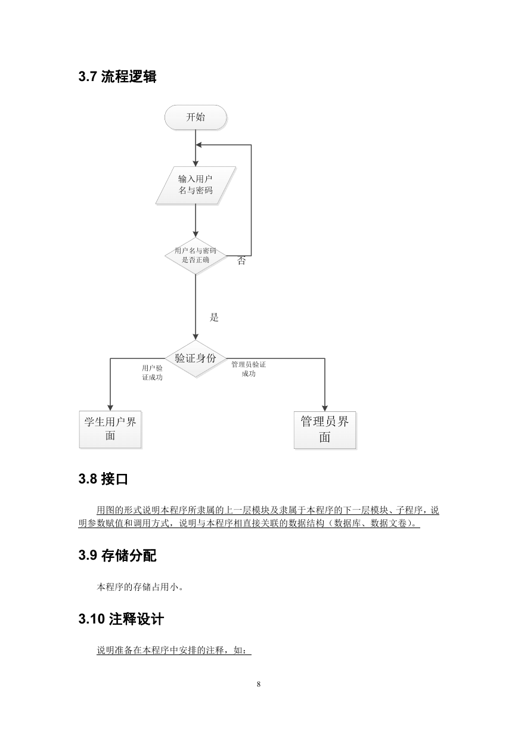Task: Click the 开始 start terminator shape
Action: tap(196, 117)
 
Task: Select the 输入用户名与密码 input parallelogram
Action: tap(196, 185)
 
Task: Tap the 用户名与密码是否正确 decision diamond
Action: tap(196, 256)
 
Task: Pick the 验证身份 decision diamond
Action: tap(196, 358)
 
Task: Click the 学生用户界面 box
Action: tap(110, 429)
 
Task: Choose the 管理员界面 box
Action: tap(324, 430)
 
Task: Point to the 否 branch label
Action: tap(241, 260)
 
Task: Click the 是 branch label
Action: tap(214, 317)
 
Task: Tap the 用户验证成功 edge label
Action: tap(152, 373)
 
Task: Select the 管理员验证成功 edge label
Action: tap(249, 369)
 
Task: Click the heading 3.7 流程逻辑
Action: tap(117, 76)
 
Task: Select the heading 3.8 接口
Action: tap(103, 479)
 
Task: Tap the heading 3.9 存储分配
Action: tap(117, 556)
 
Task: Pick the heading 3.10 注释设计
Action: tap(121, 619)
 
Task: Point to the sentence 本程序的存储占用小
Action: tap(140, 587)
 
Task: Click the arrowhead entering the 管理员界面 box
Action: tap(325, 408)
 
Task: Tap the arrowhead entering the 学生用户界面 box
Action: tap(110, 408)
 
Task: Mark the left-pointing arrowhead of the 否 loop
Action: tap(198, 145)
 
